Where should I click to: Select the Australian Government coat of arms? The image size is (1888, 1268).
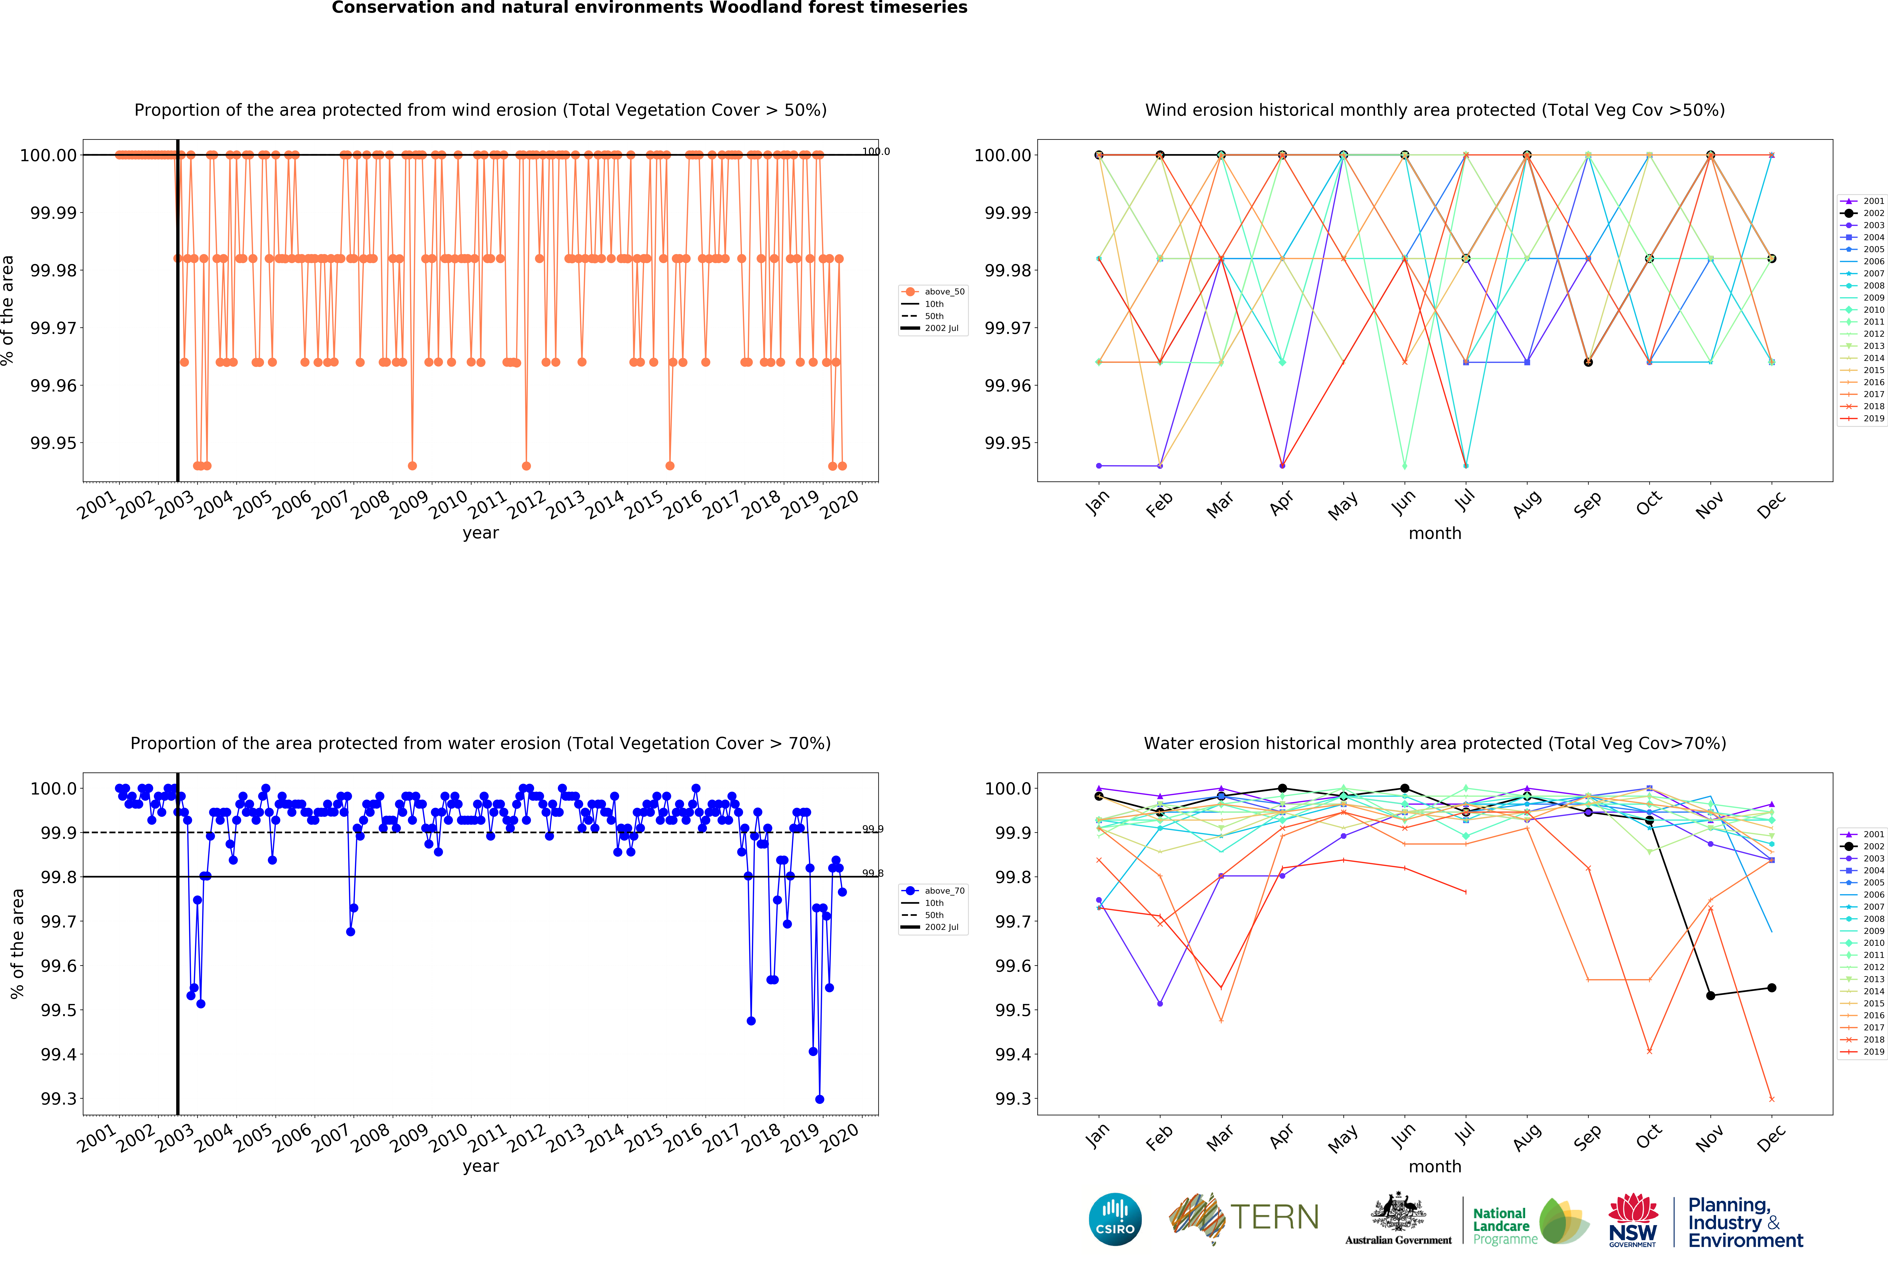pos(1398,1213)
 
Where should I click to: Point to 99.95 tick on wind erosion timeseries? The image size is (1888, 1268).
pos(53,443)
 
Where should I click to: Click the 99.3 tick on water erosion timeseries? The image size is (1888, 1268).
pos(58,1099)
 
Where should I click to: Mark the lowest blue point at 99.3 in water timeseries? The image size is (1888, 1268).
pos(819,1099)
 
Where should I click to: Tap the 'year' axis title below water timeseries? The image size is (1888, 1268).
pos(480,1166)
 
